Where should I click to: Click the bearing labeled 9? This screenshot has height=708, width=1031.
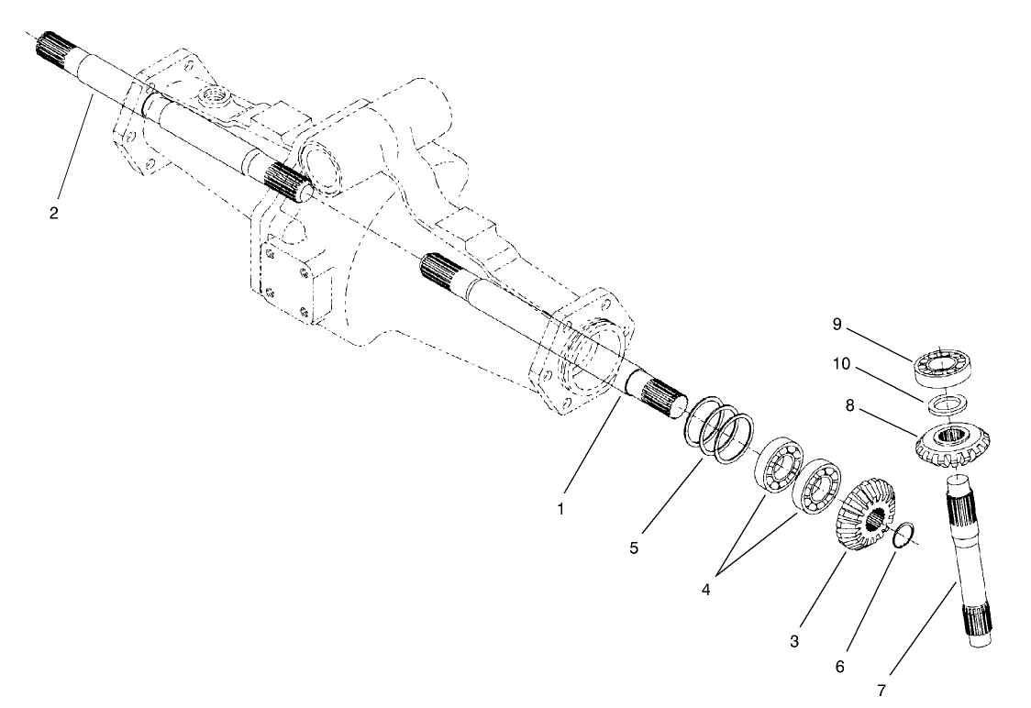[944, 367]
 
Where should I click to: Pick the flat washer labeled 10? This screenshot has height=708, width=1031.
[946, 404]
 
